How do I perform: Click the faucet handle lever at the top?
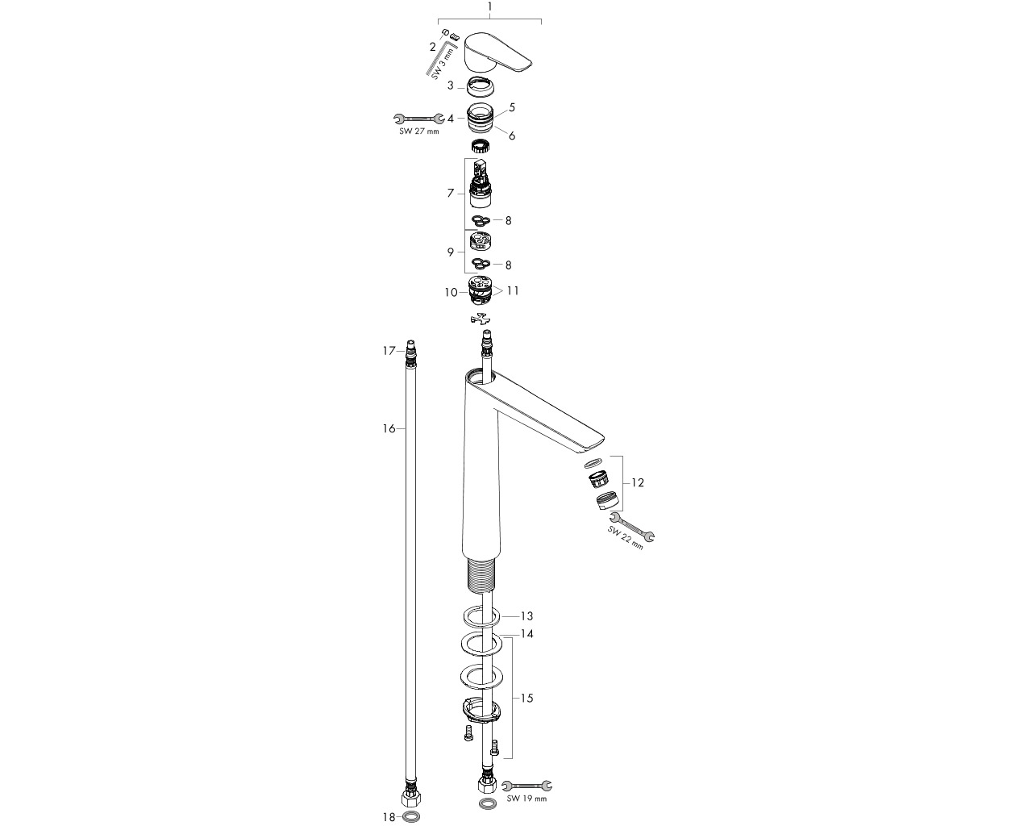[497, 52]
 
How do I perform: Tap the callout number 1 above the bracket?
[489, 6]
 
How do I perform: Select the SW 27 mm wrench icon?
[418, 118]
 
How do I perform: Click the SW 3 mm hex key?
[439, 57]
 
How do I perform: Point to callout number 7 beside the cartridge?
[451, 193]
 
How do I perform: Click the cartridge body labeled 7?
[481, 184]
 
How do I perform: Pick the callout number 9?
[451, 252]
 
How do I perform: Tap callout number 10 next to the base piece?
[451, 292]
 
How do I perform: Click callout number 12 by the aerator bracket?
[637, 482]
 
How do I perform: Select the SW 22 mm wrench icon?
[631, 528]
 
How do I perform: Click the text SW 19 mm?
[526, 799]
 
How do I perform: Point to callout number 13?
[526, 615]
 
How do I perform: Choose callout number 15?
[526, 698]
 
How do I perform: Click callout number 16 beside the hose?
[389, 428]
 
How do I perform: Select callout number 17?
[389, 351]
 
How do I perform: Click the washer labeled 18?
[412, 816]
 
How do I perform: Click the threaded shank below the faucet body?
[481, 574]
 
